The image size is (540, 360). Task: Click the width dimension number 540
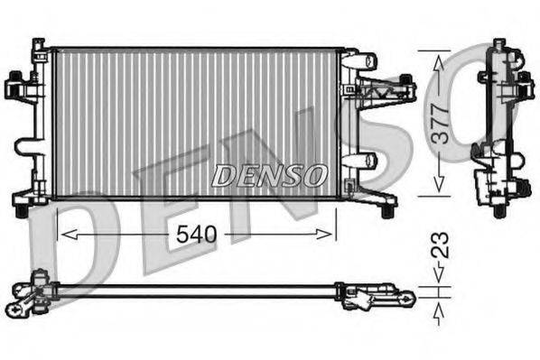[x=194, y=235]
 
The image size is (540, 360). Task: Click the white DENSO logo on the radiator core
[x=269, y=174]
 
